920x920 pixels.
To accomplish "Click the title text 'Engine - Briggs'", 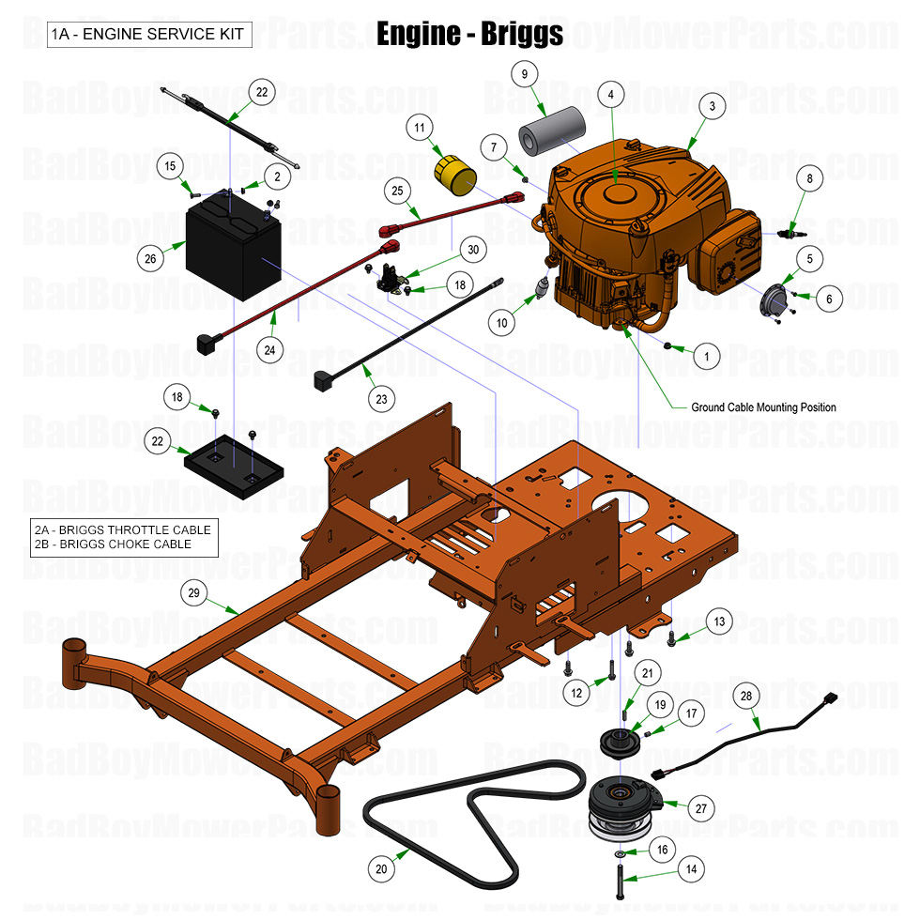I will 469,34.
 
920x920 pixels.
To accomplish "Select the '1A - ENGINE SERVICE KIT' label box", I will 146,35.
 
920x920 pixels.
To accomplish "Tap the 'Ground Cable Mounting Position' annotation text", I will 762,407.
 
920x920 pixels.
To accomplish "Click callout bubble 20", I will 381,869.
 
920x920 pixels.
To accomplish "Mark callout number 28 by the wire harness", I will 747,698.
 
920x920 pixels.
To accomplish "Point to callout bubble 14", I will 692,870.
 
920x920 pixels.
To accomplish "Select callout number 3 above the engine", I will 713,107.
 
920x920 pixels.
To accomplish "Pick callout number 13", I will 719,621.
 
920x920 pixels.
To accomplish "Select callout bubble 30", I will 473,250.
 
